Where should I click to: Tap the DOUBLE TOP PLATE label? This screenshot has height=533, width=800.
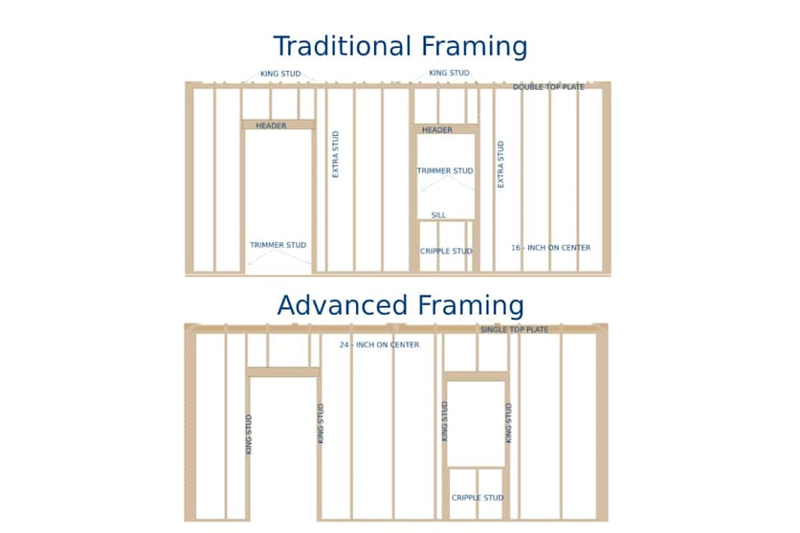pyautogui.click(x=548, y=87)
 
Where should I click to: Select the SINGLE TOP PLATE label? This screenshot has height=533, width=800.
pyautogui.click(x=514, y=330)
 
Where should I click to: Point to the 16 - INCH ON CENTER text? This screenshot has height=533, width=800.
pyautogui.click(x=551, y=248)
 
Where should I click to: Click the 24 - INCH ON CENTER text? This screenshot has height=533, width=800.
pyautogui.click(x=380, y=344)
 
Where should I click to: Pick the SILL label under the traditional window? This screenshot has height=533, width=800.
pyautogui.click(x=439, y=215)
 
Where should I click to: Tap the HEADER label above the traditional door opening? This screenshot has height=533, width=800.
pyautogui.click(x=271, y=125)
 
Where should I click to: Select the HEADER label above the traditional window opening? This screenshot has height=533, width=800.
pyautogui.click(x=437, y=130)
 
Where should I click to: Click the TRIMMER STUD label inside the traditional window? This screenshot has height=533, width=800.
pyautogui.click(x=445, y=171)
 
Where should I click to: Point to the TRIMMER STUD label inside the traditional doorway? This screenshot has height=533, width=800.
pyautogui.click(x=278, y=245)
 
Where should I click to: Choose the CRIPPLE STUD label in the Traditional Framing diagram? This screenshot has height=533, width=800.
pyautogui.click(x=446, y=251)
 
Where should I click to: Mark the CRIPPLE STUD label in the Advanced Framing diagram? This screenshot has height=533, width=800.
pyautogui.click(x=478, y=498)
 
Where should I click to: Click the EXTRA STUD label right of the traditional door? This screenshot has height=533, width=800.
pyautogui.click(x=335, y=154)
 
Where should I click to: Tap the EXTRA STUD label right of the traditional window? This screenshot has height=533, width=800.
pyautogui.click(x=500, y=165)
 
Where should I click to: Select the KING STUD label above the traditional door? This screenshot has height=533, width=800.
pyautogui.click(x=280, y=74)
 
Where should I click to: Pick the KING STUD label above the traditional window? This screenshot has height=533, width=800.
pyautogui.click(x=449, y=73)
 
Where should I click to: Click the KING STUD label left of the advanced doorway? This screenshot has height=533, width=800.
pyautogui.click(x=249, y=434)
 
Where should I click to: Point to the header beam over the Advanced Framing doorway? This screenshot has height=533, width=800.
pyautogui.click(x=283, y=372)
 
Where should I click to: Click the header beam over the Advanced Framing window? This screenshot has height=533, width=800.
pyautogui.click(x=477, y=376)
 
